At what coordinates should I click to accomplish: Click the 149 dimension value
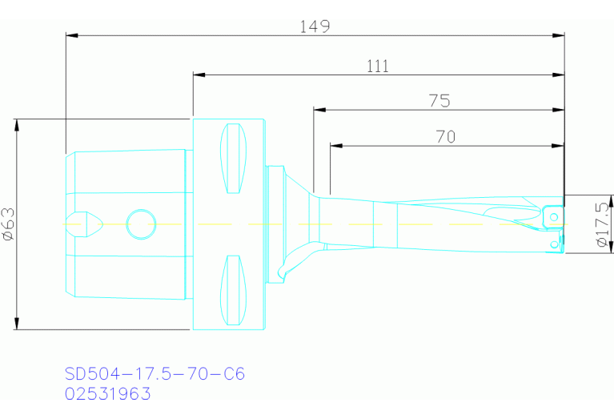pos(315,26)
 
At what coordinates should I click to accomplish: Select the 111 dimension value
pos(378,66)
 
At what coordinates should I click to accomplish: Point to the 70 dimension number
pos(446,137)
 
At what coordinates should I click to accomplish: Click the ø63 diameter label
pos(9,224)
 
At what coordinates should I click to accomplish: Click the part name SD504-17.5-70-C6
pos(155,374)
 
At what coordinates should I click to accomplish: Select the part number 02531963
pos(107,394)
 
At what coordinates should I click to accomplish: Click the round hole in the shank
pos(141,224)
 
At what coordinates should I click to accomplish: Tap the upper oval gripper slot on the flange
pos(234,159)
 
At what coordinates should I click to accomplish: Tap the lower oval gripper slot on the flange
pos(234,290)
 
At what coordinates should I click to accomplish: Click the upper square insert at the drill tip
pos(552,215)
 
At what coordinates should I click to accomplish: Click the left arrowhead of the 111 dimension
pos(199,75)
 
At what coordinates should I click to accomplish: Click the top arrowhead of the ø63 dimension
pos(16,125)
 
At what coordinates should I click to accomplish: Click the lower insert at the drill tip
pos(554,243)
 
